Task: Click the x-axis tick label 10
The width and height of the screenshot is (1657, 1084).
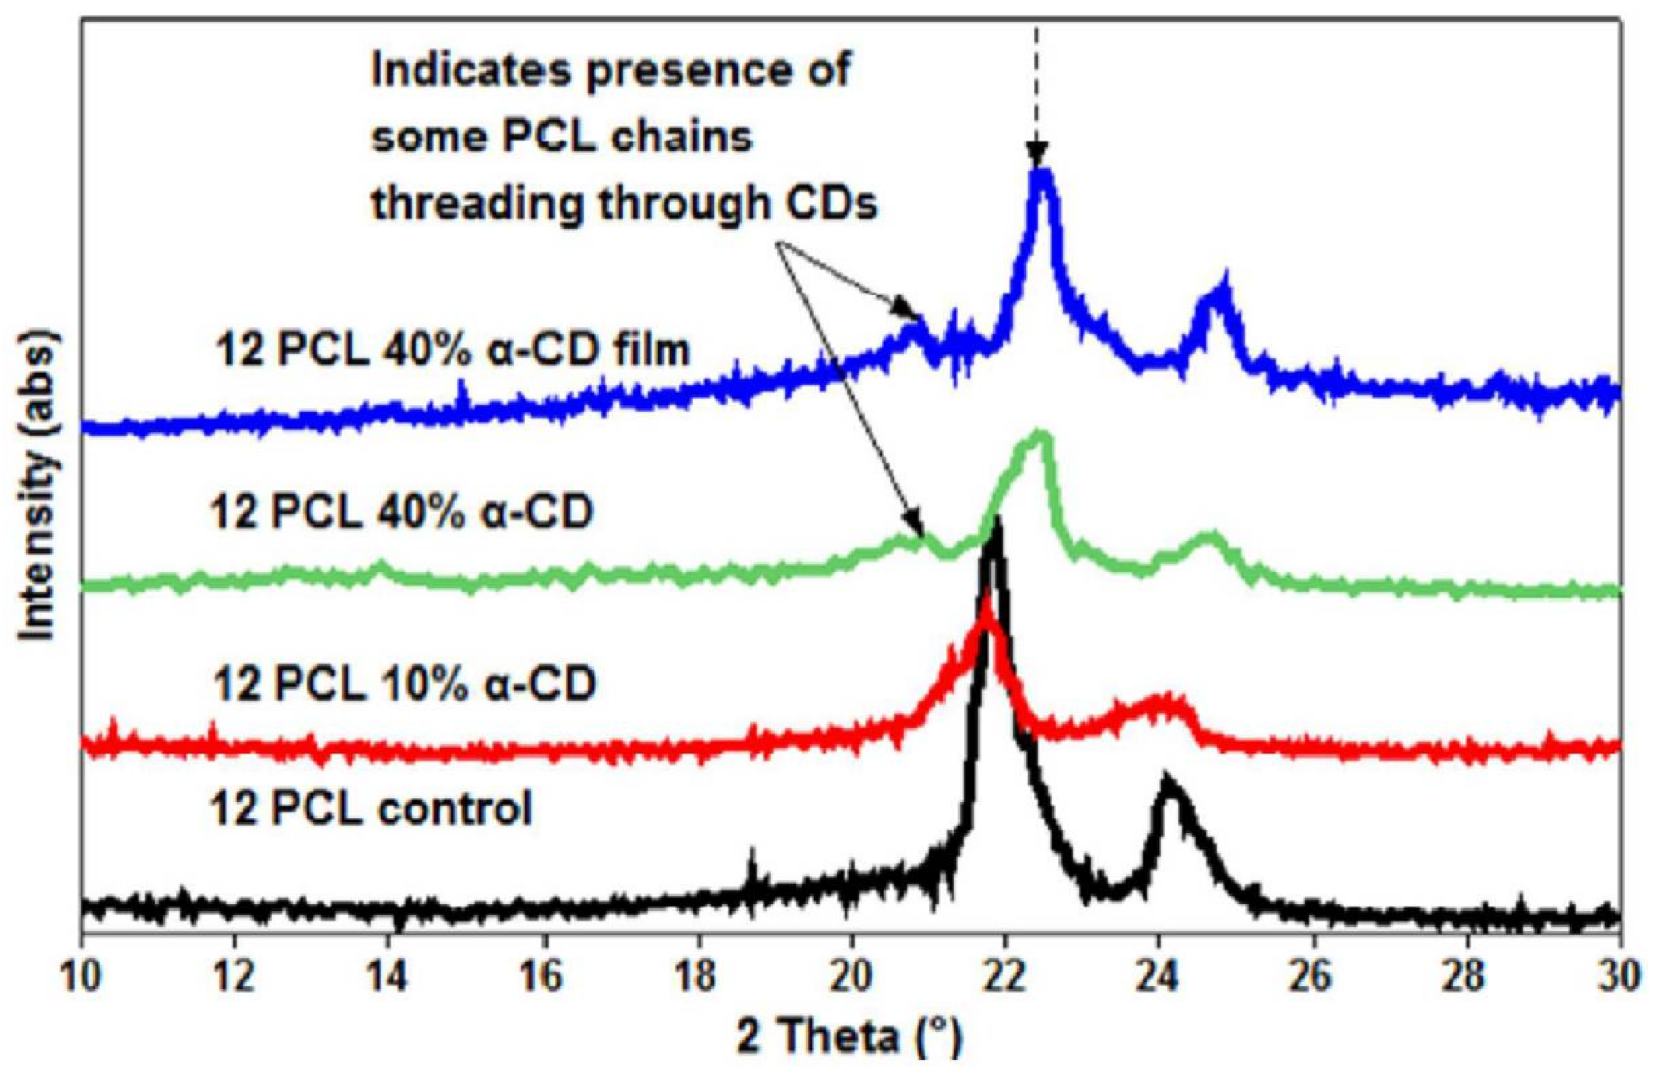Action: pos(82,976)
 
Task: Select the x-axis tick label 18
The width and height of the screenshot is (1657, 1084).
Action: pos(697,976)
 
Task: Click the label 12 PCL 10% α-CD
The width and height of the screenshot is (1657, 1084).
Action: pos(403,685)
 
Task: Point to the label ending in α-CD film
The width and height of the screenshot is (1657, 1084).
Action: pos(453,350)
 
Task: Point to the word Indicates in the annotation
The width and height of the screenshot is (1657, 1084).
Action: pos(468,73)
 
